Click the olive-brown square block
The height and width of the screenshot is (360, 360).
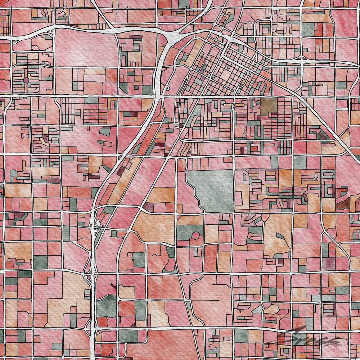(268, 105)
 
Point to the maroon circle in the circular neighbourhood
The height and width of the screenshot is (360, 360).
(26, 79)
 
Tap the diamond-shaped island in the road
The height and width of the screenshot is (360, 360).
(234, 105)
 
